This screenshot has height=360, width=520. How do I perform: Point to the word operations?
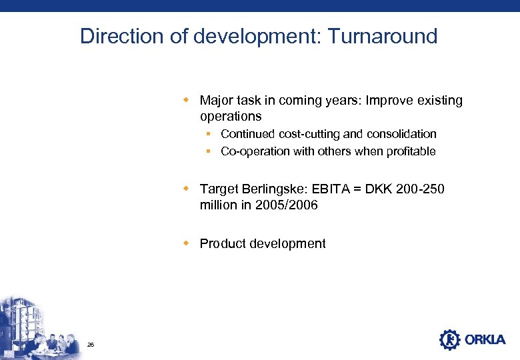click(x=231, y=116)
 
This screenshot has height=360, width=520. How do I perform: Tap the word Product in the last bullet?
click(x=223, y=243)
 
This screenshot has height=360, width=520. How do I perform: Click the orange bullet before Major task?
click(x=188, y=101)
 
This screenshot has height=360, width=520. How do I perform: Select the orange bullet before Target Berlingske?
click(x=188, y=189)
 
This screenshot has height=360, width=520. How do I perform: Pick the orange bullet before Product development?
click(x=188, y=243)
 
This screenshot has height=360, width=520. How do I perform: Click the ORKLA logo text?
click(x=485, y=340)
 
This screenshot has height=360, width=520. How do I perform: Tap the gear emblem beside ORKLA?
click(x=450, y=339)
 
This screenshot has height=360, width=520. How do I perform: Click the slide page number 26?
click(x=91, y=344)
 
